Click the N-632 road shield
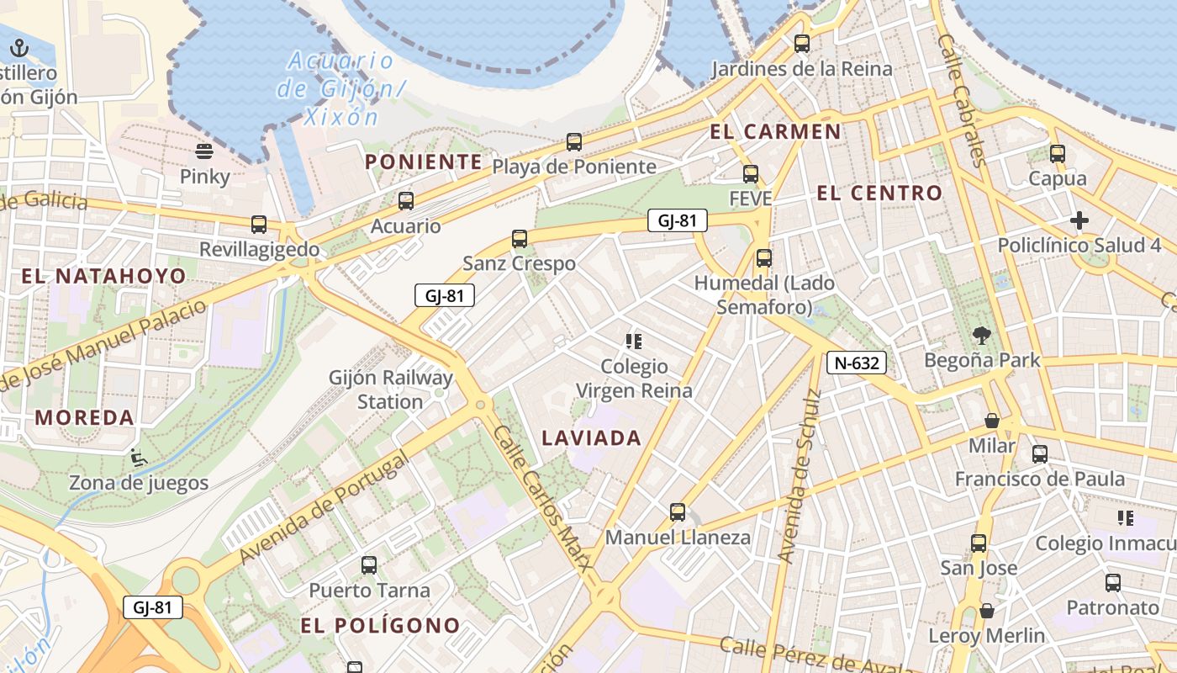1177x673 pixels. click(x=857, y=363)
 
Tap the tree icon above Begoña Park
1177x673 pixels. click(x=981, y=336)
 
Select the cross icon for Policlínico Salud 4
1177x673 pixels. click(x=1079, y=221)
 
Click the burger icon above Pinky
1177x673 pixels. click(x=204, y=151)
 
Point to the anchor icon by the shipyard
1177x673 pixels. click(x=18, y=48)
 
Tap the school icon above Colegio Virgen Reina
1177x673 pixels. click(x=634, y=342)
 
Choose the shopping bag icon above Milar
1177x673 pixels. click(x=992, y=421)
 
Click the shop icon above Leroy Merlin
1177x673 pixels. click(x=987, y=611)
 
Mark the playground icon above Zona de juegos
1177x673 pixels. click(x=138, y=458)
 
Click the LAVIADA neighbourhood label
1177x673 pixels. click(x=591, y=437)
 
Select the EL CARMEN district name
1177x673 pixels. click(x=775, y=131)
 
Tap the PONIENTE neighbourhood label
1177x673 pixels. click(x=424, y=162)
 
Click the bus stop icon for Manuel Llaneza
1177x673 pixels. click(x=678, y=511)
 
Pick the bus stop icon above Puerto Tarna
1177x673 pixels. click(x=369, y=565)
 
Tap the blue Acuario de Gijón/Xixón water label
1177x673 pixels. click(x=340, y=88)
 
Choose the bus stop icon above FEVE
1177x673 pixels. click(x=751, y=174)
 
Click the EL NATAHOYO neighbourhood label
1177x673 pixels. click(x=103, y=276)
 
